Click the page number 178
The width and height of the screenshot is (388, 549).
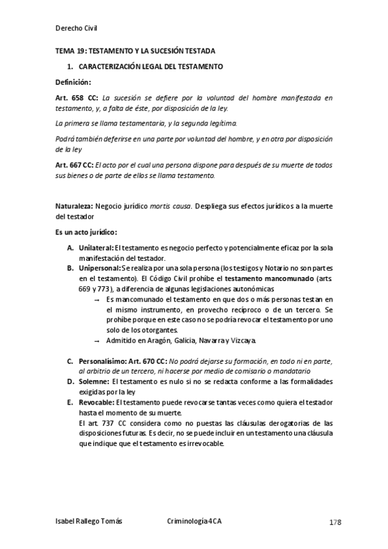click(x=334, y=522)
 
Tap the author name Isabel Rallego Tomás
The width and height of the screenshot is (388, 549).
click(x=89, y=522)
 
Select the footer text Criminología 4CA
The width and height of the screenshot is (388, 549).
click(x=194, y=522)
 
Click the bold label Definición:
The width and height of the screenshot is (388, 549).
click(x=73, y=82)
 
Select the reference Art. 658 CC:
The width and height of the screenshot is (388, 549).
click(x=78, y=98)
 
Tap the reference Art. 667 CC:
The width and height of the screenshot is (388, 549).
click(x=77, y=165)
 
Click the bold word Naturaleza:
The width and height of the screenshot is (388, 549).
click(x=74, y=206)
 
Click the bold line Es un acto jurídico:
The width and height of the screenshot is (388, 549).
click(x=86, y=232)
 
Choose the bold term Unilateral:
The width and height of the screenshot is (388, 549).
click(x=95, y=248)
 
